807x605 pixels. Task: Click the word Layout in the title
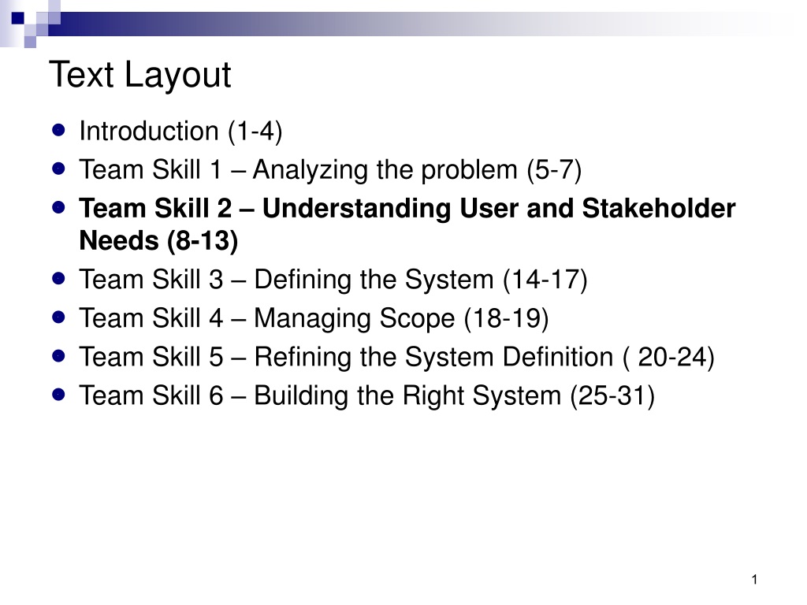pyautogui.click(x=178, y=76)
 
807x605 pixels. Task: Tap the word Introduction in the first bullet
pyautogui.click(x=149, y=132)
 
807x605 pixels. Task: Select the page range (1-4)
pyautogui.click(x=255, y=132)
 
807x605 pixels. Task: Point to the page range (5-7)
pyautogui.click(x=554, y=170)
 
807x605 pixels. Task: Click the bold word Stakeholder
pyautogui.click(x=659, y=208)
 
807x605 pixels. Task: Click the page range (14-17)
pyautogui.click(x=545, y=280)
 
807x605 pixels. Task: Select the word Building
pyautogui.click(x=301, y=396)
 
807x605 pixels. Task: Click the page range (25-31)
pyautogui.click(x=612, y=396)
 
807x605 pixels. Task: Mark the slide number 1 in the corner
pyautogui.click(x=754, y=580)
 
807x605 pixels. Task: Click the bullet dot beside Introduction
pyautogui.click(x=58, y=130)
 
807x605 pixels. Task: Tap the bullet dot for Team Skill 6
pyautogui.click(x=58, y=395)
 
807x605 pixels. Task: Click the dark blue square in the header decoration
pyautogui.click(x=18, y=19)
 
